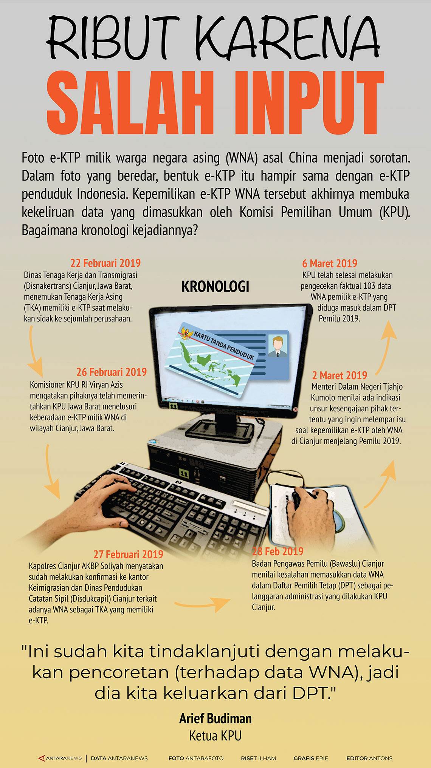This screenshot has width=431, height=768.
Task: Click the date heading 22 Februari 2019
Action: [x=105, y=263]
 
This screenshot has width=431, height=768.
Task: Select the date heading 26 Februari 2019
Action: [x=112, y=372]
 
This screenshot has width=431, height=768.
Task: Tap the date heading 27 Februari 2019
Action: [x=129, y=554]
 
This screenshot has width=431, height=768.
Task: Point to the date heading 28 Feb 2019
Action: [x=278, y=551]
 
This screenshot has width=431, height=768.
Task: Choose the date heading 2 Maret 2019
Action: [x=340, y=375]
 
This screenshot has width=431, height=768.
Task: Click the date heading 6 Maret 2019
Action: [x=330, y=263]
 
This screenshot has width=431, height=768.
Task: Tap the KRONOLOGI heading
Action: [x=215, y=287]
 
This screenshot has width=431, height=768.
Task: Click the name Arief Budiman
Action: [x=215, y=718]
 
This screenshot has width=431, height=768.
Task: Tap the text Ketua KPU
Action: [x=215, y=736]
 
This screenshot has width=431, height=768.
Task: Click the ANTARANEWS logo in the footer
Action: [x=60, y=758]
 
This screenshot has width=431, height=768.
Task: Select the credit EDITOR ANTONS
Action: [x=369, y=758]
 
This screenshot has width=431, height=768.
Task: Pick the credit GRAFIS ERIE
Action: [x=311, y=758]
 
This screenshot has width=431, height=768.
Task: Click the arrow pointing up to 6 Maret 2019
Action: [x=386, y=346]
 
